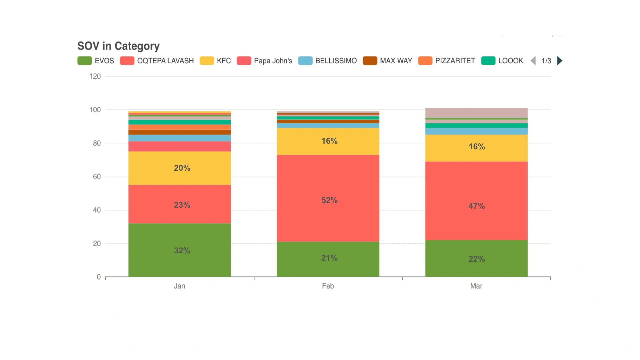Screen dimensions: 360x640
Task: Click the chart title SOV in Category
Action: [118, 46]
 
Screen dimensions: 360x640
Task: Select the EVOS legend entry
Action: [96, 61]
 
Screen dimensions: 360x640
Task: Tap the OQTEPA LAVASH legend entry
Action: [157, 61]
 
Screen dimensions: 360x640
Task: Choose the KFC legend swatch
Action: [207, 61]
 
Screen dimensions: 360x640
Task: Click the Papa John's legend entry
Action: [265, 61]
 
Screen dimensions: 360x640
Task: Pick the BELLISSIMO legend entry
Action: [328, 61]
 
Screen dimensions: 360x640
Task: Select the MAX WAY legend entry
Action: [388, 61]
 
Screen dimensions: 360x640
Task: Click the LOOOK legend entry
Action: [502, 61]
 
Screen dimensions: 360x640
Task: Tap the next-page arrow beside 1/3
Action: [560, 61]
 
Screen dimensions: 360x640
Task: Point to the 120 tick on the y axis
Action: [95, 76]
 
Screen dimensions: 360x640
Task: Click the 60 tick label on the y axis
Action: [97, 177]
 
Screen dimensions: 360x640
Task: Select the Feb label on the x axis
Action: [328, 286]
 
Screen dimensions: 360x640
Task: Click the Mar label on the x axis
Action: [476, 286]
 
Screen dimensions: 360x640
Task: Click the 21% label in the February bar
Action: [329, 258]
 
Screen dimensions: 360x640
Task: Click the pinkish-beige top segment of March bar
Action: [476, 113]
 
